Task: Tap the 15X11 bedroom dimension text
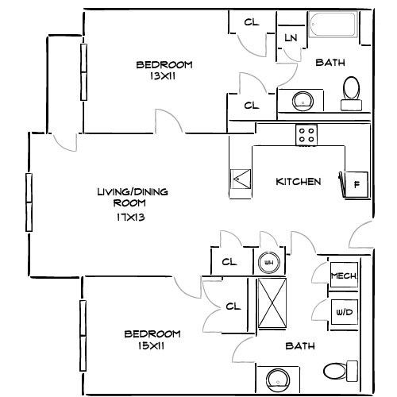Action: click(x=152, y=347)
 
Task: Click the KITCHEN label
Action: click(x=298, y=182)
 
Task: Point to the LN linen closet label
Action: click(x=291, y=38)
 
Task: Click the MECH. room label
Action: click(x=344, y=276)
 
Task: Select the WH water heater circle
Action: click(x=268, y=263)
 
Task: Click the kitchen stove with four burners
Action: click(x=306, y=135)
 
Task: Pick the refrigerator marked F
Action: click(x=356, y=184)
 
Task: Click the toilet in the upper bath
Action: click(x=351, y=92)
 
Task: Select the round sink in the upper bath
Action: click(x=303, y=101)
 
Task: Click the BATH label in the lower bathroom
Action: click(x=299, y=346)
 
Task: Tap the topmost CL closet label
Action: click(x=252, y=22)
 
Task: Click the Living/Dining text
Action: click(x=132, y=192)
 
